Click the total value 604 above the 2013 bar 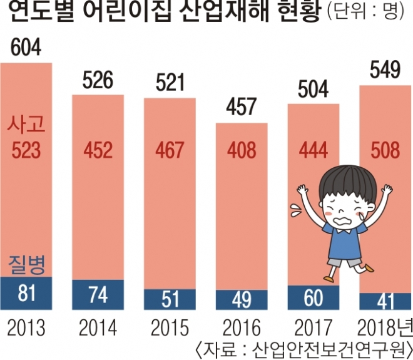coord(26,48)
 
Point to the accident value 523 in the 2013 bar coord(26,150)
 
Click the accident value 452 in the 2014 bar coord(98,150)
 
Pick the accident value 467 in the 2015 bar coord(169,150)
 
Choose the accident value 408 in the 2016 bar coord(241,150)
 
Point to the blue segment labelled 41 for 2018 coord(385,302)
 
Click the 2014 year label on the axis coord(98,328)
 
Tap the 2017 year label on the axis coord(313,328)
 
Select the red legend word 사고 coord(26,126)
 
